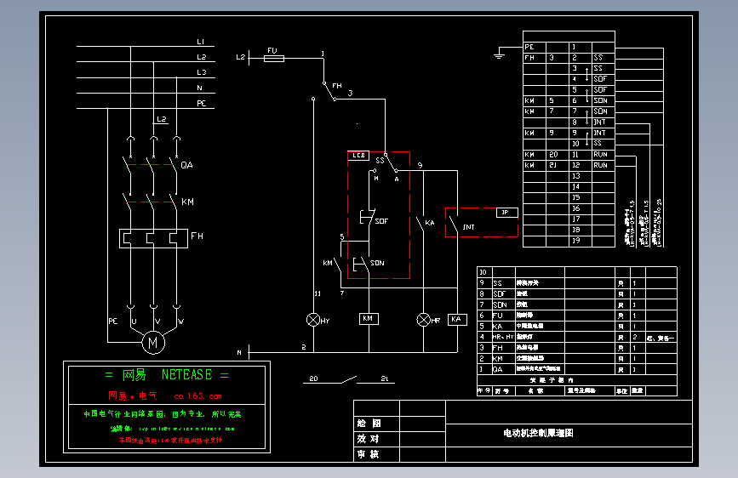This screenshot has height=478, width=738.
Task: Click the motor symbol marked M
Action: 154,342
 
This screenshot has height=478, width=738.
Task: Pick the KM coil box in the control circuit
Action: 368,318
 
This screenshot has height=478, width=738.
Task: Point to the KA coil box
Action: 457,319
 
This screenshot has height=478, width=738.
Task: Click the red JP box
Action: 506,212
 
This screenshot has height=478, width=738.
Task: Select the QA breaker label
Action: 187,164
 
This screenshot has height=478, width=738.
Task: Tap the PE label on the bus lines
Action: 201,103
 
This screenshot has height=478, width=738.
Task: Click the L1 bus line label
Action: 201,42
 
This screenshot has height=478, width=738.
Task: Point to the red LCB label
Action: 358,156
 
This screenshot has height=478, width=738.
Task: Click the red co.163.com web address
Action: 197,395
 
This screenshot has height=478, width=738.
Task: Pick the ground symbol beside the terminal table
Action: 499,57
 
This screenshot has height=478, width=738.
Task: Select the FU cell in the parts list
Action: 500,315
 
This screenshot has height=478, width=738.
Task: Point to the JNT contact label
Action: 468,227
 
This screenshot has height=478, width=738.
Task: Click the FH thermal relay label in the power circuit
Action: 197,236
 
